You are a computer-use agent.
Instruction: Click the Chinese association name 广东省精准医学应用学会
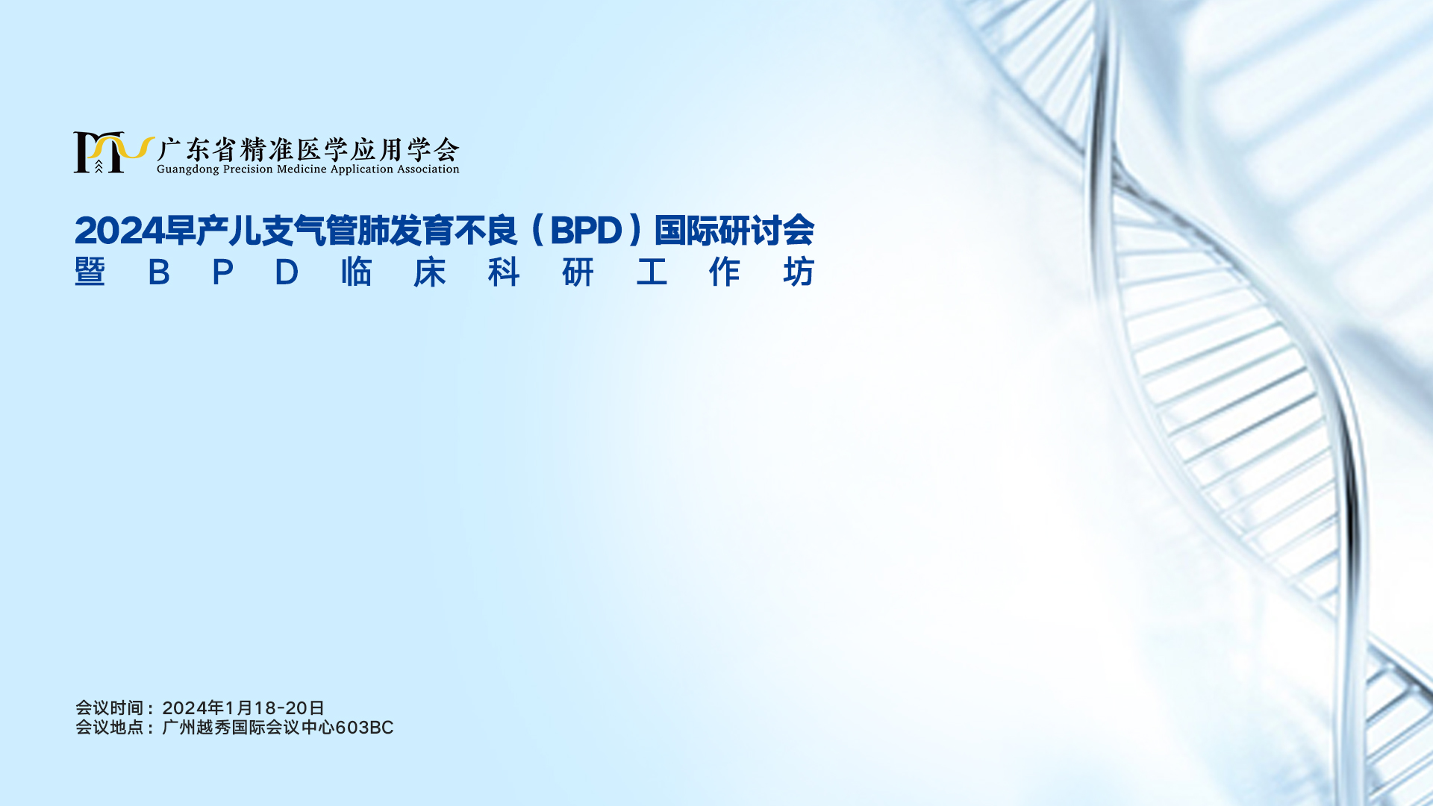pyautogui.click(x=308, y=149)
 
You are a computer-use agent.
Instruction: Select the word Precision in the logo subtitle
pyautogui.click(x=248, y=169)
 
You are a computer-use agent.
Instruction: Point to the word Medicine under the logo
pyautogui.click(x=302, y=169)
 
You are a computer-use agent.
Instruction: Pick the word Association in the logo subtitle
pyautogui.click(x=428, y=169)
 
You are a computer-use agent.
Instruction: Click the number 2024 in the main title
pyautogui.click(x=119, y=231)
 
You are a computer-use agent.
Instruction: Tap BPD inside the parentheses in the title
pyautogui.click(x=586, y=231)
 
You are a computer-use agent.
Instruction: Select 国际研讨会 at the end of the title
pyautogui.click(x=734, y=230)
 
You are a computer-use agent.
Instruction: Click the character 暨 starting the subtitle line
pyautogui.click(x=90, y=272)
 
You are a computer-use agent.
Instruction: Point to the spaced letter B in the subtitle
pyautogui.click(x=159, y=272)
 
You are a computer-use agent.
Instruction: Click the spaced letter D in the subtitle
pyautogui.click(x=287, y=272)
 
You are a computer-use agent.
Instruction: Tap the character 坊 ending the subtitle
pyautogui.click(x=799, y=272)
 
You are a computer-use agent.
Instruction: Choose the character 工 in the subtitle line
pyautogui.click(x=652, y=272)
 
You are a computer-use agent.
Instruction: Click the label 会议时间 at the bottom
pyautogui.click(x=109, y=707)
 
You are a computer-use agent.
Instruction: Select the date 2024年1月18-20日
pyautogui.click(x=243, y=707)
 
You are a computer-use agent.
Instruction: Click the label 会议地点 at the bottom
pyautogui.click(x=109, y=727)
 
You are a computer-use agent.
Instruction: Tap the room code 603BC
pyautogui.click(x=364, y=728)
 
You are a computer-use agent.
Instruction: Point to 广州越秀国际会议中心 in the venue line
pyautogui.click(x=249, y=727)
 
